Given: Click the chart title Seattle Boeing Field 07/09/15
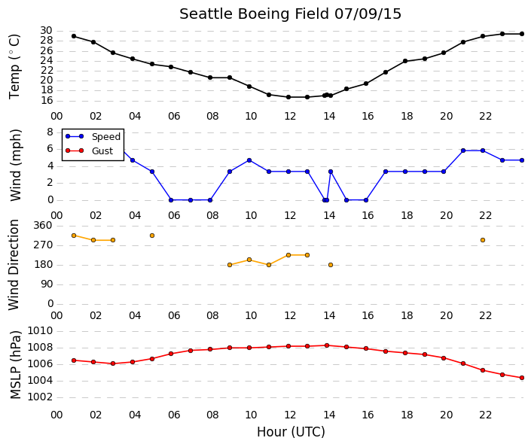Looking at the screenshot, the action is click(x=290, y=14).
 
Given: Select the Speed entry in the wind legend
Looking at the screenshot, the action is click(x=93, y=136).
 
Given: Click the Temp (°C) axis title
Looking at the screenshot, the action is click(x=14, y=67).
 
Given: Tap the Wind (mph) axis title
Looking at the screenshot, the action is click(x=16, y=165).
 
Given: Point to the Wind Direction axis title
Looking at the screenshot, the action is click(x=14, y=265).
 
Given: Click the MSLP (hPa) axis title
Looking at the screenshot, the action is click(x=16, y=365).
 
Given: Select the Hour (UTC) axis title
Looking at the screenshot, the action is click(x=291, y=432).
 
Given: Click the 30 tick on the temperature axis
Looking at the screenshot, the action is click(x=47, y=30).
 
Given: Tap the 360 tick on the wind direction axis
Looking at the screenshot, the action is click(x=43, y=225).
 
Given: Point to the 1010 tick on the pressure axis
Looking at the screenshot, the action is click(x=40, y=330).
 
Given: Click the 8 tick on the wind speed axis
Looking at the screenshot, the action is click(x=50, y=132).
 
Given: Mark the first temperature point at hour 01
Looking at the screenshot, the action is click(x=74, y=36).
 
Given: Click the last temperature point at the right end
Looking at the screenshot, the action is click(x=522, y=34).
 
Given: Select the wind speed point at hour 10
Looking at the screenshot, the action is click(x=249, y=160).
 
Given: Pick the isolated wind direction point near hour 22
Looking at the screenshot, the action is click(x=483, y=240).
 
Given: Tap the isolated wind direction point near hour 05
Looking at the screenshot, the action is click(x=152, y=236).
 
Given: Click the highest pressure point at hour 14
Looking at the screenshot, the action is click(x=327, y=345).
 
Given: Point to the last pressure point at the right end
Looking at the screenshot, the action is click(x=522, y=378).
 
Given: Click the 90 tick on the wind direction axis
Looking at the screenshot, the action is click(x=47, y=284).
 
